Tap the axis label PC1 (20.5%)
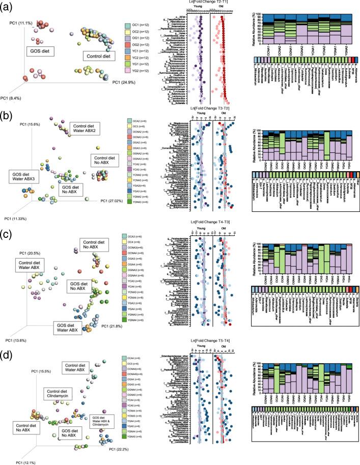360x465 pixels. (30, 253)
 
